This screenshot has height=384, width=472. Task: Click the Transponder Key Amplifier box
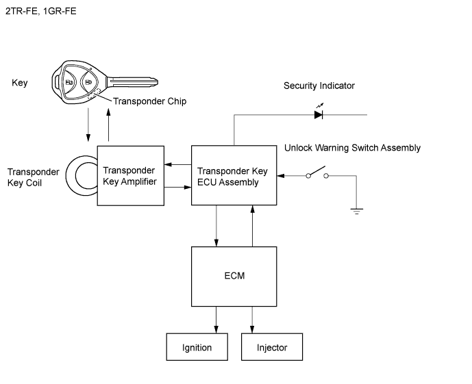(130, 175)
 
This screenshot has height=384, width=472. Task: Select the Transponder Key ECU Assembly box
(234, 175)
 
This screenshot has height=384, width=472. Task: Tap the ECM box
(234, 276)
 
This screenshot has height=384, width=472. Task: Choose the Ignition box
(197, 347)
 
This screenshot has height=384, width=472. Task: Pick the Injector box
(271, 347)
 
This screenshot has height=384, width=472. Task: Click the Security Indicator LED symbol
(319, 114)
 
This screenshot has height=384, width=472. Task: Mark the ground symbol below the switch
(356, 210)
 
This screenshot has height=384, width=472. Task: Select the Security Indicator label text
(319, 86)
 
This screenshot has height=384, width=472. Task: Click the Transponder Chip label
(149, 101)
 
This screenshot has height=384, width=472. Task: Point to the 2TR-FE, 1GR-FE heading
(40, 11)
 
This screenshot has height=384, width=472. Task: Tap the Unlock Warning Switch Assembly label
(352, 148)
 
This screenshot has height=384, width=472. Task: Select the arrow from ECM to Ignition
(216, 319)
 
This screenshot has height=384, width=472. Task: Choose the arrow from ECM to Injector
(253, 319)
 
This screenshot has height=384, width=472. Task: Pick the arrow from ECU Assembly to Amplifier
(177, 164)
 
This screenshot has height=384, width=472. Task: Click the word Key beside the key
(20, 83)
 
